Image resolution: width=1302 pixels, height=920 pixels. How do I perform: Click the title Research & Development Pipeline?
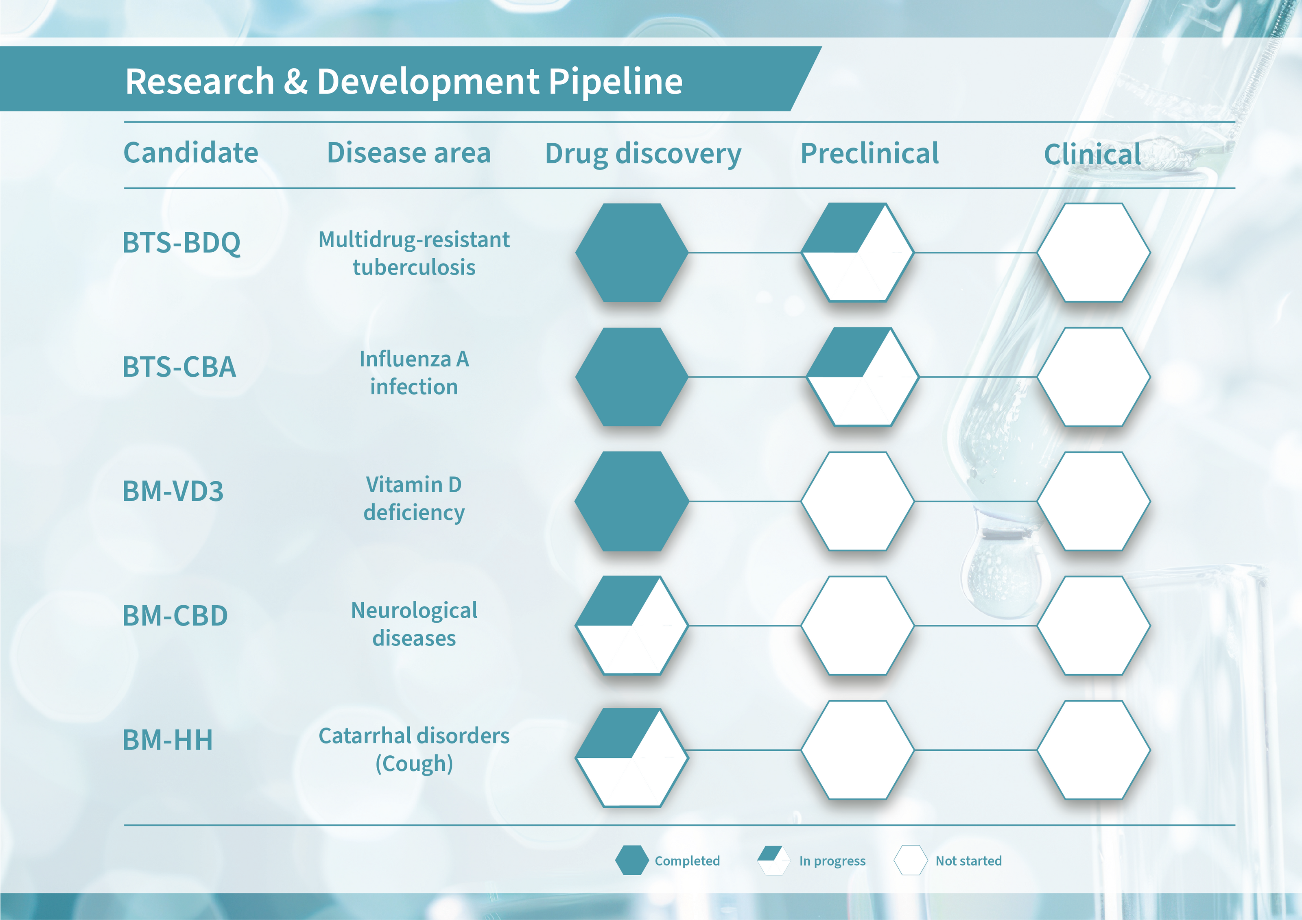(x=404, y=81)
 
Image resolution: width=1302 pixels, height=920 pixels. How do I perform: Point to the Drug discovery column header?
(x=643, y=154)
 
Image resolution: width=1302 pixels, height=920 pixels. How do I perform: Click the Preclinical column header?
(x=870, y=153)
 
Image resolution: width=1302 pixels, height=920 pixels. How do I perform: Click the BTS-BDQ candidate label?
(x=181, y=243)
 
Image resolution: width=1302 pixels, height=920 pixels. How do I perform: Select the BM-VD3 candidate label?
(x=173, y=491)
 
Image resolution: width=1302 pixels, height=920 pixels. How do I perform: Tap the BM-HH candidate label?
(x=168, y=740)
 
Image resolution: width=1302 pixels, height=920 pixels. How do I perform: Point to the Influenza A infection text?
(x=414, y=373)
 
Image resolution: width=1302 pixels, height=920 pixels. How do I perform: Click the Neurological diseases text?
(x=414, y=624)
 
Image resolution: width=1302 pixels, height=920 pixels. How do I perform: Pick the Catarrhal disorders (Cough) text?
(x=414, y=749)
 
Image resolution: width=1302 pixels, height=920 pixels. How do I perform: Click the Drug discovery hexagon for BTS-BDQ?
(x=632, y=252)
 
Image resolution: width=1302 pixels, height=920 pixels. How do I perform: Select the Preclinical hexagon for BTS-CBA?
(x=862, y=376)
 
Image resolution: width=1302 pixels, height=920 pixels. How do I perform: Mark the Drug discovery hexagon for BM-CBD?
(x=632, y=625)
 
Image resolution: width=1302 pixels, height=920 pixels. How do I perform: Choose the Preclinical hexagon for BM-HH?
(x=857, y=750)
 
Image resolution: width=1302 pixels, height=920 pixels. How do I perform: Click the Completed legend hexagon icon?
(x=632, y=861)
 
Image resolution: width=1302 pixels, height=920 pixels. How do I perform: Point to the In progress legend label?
(x=832, y=861)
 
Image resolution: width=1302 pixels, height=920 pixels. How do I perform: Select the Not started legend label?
(x=968, y=861)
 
